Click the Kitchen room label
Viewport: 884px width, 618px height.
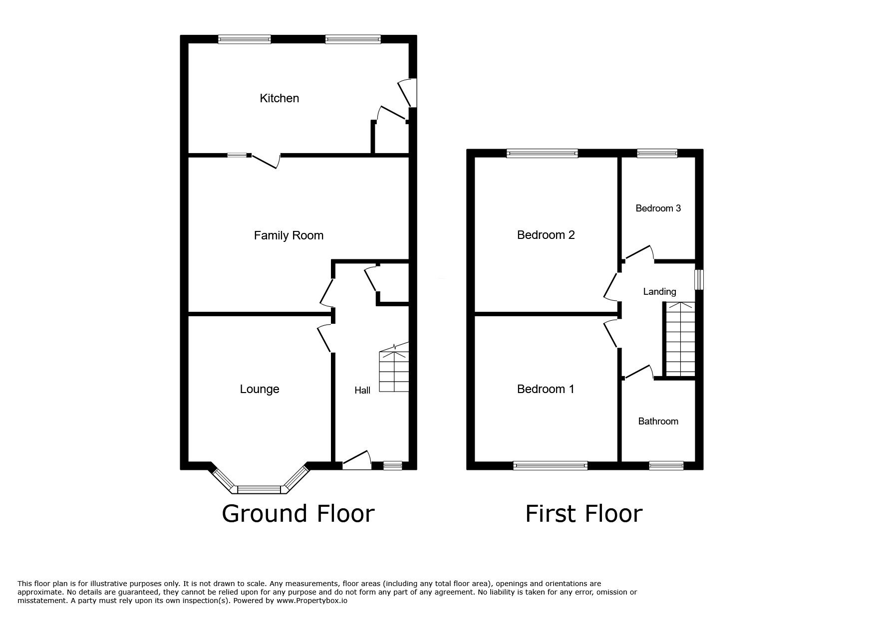(x=280, y=98)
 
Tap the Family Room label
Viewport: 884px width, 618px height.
(x=289, y=235)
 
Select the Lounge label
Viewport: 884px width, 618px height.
(x=260, y=389)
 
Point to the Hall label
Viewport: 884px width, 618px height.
(x=362, y=390)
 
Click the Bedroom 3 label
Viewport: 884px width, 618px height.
(x=658, y=208)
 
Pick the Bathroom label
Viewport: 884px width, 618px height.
(x=658, y=421)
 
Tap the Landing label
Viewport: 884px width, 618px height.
(x=659, y=291)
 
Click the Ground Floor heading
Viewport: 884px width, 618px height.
(x=298, y=514)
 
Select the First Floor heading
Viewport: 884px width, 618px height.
(x=584, y=514)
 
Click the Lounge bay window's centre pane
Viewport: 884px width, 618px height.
(x=260, y=489)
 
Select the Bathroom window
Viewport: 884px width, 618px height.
(x=666, y=465)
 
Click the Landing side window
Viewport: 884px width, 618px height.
(x=699, y=279)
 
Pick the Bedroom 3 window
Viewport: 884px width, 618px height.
(x=657, y=153)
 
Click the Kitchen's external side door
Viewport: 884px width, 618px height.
(x=408, y=93)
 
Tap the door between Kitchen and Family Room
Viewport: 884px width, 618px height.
(x=265, y=161)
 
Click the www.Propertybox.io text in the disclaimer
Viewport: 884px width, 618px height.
(x=312, y=601)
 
